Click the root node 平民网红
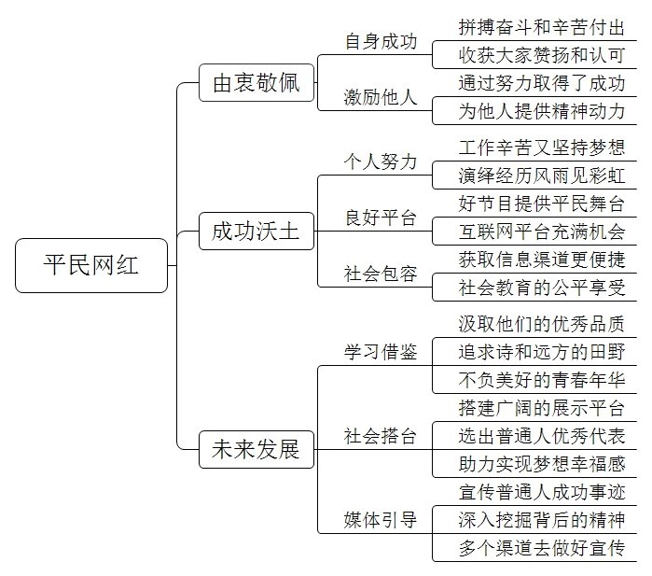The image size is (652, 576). pos(91,265)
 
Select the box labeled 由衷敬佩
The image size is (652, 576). pos(257,82)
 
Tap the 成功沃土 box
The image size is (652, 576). pos(257,231)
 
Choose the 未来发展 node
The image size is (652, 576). pos(257,449)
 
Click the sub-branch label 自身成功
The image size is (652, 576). pos(381,42)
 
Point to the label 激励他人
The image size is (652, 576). pos(381,97)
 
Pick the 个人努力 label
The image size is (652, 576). pos(381,162)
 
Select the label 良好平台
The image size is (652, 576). pos(381,218)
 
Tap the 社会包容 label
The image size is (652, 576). pos(381,274)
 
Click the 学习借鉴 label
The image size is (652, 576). pos(381,352)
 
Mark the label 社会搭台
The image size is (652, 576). pos(381,436)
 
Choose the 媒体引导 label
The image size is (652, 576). pos(381,520)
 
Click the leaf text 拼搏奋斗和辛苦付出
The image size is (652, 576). pos(542,27)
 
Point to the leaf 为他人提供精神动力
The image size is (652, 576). pos(542,111)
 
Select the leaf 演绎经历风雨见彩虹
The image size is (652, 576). pos(542,176)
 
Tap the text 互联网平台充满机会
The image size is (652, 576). pos(542,232)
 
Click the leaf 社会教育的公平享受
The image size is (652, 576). pos(542,288)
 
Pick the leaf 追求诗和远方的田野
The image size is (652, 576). pos(542,352)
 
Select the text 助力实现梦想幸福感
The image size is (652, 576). pos(542,464)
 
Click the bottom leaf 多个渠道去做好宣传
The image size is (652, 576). pos(542,548)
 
